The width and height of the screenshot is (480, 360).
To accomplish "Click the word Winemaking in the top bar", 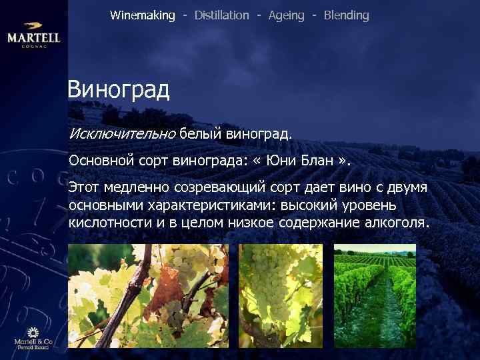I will coord(143,15).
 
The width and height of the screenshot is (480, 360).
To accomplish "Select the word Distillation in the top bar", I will coord(222,15).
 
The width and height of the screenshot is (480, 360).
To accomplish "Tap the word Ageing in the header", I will coord(287,15).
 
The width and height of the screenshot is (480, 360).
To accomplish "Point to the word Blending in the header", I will coord(346,15).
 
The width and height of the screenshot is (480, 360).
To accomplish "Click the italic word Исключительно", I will coord(122,135).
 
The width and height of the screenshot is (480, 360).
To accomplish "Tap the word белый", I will coord(201,135).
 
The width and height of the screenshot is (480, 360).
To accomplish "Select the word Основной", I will coord(101,161).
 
